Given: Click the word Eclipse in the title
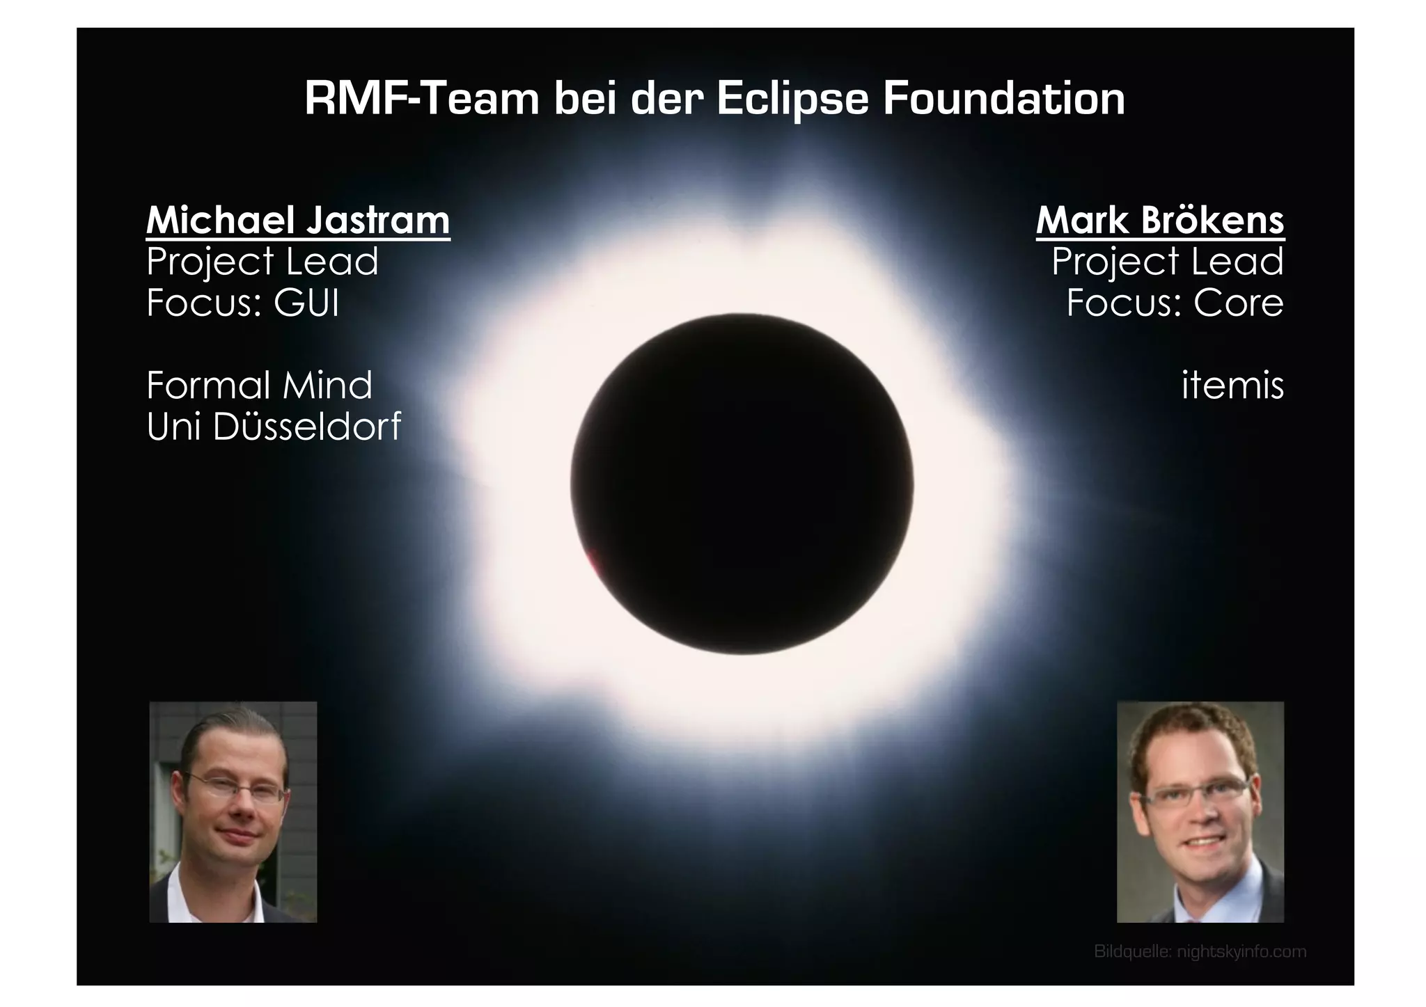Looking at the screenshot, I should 792,100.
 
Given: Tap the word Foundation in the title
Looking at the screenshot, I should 1003,99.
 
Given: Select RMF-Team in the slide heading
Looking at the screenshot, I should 422,99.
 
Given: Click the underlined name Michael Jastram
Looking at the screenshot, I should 298,221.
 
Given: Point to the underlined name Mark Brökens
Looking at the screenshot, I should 1159,221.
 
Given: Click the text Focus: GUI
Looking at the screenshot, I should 242,303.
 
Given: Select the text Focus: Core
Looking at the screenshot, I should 1175,303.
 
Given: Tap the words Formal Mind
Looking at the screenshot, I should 259,385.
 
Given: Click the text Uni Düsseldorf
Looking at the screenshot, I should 274,426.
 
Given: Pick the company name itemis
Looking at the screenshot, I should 1232,385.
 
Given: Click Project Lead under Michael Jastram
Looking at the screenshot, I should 262,262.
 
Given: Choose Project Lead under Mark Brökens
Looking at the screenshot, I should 1167,262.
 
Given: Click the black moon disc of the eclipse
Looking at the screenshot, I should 742,484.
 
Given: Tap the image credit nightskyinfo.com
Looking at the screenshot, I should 1241,951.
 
